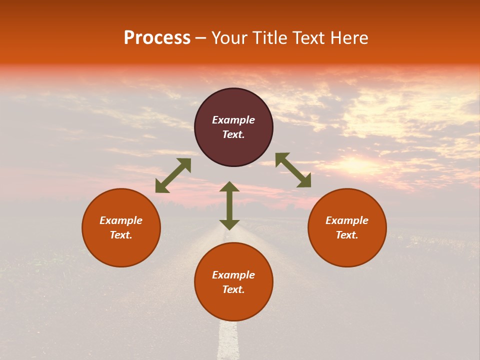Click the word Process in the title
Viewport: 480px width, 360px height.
[x=157, y=38]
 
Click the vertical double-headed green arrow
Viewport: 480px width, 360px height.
[x=229, y=206]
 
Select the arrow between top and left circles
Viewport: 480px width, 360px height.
[x=173, y=175]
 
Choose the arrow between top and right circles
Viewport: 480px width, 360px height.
[x=293, y=170]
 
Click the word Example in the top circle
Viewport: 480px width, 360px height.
[x=233, y=120]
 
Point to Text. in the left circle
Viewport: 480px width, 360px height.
[x=121, y=235]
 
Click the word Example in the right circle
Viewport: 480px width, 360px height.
[x=347, y=220]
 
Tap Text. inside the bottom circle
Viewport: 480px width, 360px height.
[x=233, y=289]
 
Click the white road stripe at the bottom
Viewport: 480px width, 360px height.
[x=227, y=340]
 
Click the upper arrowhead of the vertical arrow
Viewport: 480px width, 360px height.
[x=229, y=187]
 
